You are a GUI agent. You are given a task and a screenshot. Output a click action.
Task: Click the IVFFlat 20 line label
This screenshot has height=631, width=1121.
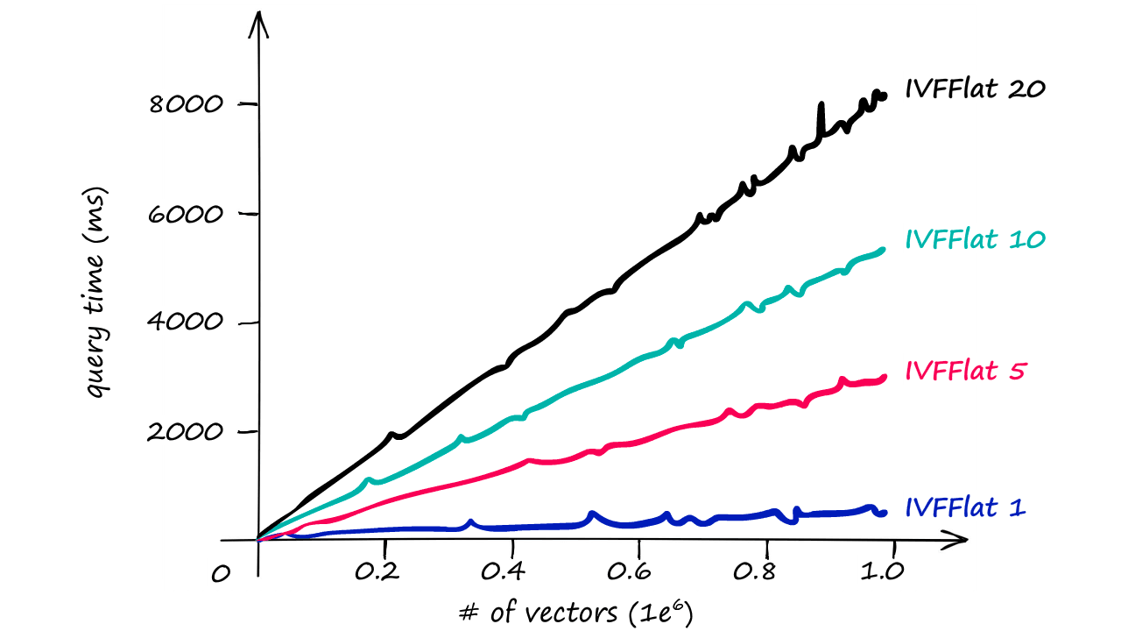pyautogui.click(x=975, y=89)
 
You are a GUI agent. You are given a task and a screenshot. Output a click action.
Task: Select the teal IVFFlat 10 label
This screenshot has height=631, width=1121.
pyautogui.click(x=975, y=239)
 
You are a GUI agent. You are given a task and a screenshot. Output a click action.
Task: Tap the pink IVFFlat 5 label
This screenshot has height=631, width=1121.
pyautogui.click(x=964, y=372)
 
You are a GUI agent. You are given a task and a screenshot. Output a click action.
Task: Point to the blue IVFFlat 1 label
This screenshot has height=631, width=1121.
pyautogui.click(x=964, y=507)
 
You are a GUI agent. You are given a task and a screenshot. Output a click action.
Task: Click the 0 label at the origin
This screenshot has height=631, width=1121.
pyautogui.click(x=222, y=574)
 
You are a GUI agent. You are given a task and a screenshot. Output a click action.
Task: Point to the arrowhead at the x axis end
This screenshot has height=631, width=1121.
pyautogui.click(x=960, y=541)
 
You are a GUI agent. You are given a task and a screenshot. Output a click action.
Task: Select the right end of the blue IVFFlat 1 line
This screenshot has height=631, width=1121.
pyautogui.click(x=884, y=513)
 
